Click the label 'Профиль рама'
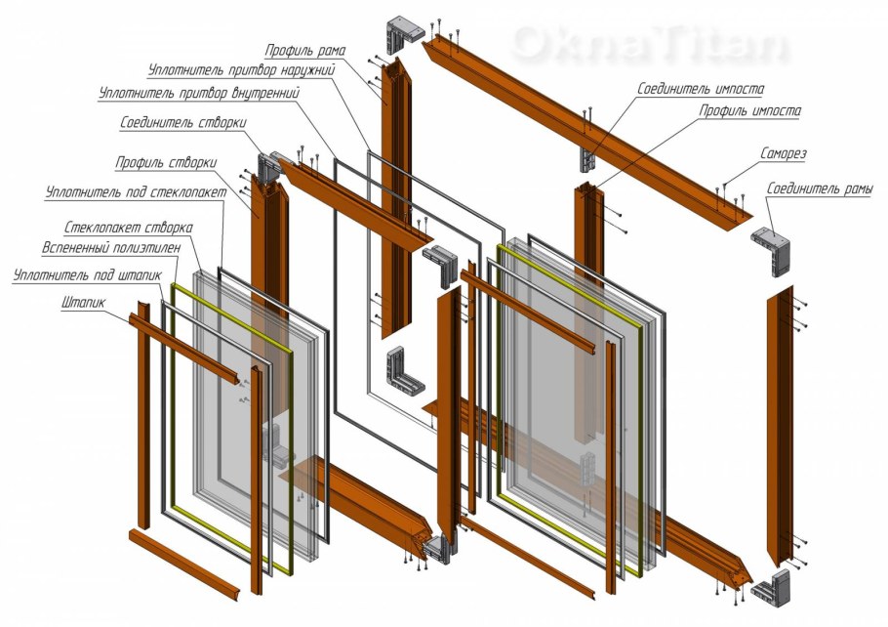(305, 51)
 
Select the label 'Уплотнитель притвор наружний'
(242, 71)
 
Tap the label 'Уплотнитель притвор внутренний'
(199, 93)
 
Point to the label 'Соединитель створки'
(183, 123)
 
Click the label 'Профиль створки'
(166, 163)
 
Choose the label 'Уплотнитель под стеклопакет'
(136, 192)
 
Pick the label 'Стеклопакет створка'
(129, 228)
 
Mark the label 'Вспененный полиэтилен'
(112, 248)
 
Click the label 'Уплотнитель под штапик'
(88, 276)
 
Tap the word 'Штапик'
(84, 303)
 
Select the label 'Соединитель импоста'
(701, 90)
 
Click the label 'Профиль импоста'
(749, 110)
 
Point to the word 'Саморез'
(784, 153)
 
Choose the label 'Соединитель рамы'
(819, 188)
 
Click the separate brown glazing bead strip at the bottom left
(184, 564)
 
